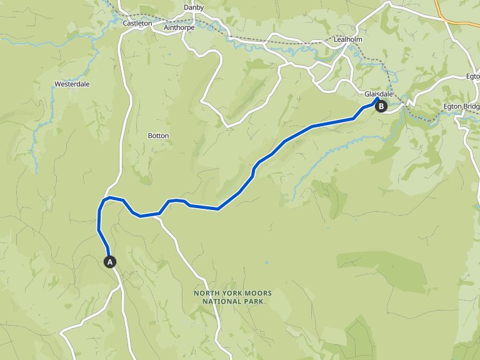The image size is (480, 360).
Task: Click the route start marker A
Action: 110,262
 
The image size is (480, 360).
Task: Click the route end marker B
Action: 381,106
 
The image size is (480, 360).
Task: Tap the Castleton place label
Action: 137,23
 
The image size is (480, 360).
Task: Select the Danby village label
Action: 194,7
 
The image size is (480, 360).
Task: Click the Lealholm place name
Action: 349,39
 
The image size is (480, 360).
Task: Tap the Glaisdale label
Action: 379,94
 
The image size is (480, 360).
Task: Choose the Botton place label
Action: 158,136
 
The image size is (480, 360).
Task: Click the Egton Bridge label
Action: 461,106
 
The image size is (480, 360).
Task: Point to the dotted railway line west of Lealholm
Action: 275,41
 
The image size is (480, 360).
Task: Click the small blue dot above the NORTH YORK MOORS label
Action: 267,262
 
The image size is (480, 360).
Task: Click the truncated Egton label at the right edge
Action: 472,76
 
